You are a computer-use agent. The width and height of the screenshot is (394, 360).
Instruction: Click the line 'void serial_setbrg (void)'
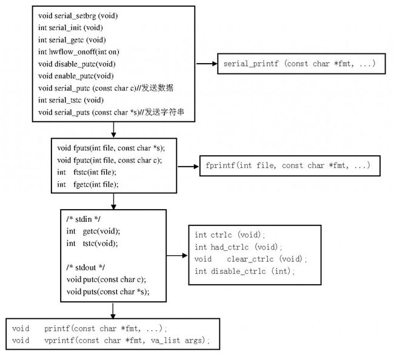click(78, 16)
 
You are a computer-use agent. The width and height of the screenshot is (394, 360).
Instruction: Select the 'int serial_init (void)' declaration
click(70, 28)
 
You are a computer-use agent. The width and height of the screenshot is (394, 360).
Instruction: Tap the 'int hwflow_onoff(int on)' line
click(79, 52)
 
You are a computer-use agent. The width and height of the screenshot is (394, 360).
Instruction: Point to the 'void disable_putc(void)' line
click(76, 64)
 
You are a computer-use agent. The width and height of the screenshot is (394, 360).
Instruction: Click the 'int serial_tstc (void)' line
click(71, 100)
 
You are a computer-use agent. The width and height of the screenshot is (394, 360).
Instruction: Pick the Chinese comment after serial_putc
click(158, 88)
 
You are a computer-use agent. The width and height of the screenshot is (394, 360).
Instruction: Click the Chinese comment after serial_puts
click(164, 112)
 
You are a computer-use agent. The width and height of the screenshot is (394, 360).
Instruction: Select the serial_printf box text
click(299, 64)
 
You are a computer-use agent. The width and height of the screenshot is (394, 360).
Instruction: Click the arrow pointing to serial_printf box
click(207, 64)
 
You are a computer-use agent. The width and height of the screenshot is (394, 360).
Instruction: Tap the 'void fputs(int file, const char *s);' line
click(111, 148)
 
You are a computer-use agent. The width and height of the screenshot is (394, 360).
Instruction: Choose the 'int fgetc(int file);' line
click(88, 185)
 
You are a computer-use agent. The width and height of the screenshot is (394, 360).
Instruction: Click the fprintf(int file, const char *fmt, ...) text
click(288, 165)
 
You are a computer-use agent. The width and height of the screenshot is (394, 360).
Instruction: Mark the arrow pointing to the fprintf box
click(188, 166)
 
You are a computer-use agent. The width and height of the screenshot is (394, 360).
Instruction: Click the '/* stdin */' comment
click(84, 219)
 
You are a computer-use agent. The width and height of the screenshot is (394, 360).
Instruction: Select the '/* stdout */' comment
click(85, 267)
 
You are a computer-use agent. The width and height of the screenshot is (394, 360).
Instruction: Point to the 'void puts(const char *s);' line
click(108, 292)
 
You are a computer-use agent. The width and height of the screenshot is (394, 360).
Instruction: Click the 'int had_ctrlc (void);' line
click(238, 247)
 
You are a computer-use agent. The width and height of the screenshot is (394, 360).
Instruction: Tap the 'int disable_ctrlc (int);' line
click(244, 272)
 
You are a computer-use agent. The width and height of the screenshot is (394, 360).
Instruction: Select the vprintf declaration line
click(110, 341)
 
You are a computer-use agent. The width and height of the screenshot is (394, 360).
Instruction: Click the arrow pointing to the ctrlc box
click(177, 256)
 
